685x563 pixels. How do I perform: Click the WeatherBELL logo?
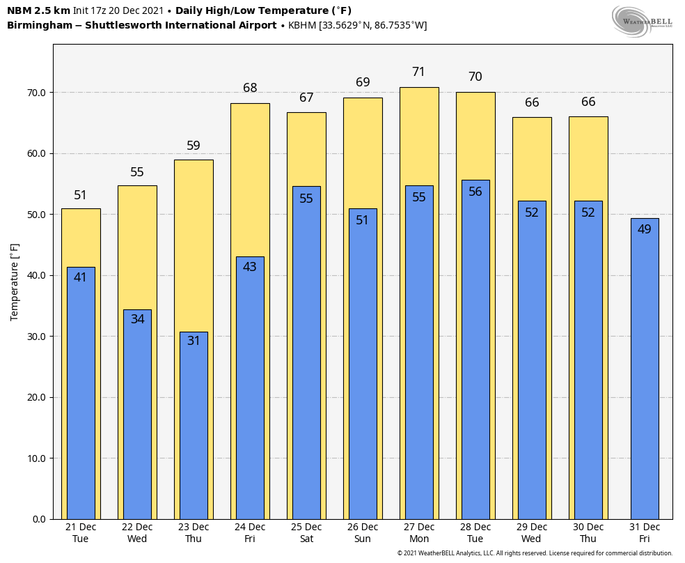point(642,21)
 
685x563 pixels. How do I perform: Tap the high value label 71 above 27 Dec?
point(418,72)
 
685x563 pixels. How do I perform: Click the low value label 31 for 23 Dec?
point(194,341)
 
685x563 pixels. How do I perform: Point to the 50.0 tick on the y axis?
point(36,215)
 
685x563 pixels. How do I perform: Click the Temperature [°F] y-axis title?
point(15,281)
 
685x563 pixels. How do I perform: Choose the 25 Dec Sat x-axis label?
point(306,532)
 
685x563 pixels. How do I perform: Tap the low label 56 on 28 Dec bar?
point(475,192)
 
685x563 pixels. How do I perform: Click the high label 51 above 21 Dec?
point(81,195)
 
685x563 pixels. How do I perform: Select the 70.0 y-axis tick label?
point(36,93)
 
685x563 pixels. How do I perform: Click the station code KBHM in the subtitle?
point(302,26)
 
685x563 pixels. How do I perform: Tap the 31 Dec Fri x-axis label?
point(644,532)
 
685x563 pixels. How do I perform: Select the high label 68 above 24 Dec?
point(250,88)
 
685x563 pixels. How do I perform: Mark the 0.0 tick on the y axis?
point(39,519)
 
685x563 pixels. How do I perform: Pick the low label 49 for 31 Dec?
point(644,229)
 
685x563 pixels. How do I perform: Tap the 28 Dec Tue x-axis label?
point(475,532)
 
